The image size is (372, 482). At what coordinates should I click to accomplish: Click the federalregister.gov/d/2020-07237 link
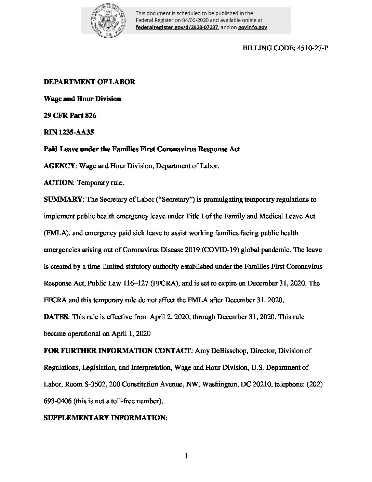(x=177, y=27)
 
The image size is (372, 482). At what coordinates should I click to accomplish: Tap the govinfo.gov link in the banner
(x=253, y=27)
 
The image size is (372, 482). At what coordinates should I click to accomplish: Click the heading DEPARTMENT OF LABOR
(x=90, y=82)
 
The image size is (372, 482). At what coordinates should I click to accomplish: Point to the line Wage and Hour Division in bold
(x=82, y=99)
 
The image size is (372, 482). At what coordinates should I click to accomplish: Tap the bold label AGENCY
(x=59, y=166)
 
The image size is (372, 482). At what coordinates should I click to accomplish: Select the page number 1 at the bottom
(x=186, y=456)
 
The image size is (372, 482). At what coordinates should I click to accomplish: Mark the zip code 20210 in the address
(x=262, y=384)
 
